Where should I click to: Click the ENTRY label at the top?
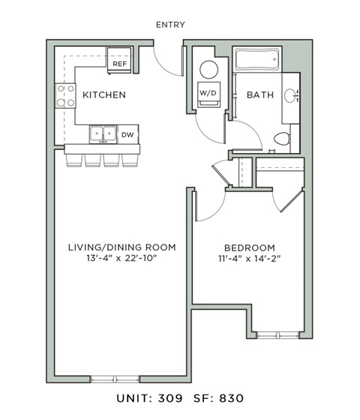coord(170,25)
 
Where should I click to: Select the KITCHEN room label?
coord(103,95)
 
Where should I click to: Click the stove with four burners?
coord(64,95)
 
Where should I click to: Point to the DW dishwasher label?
coord(127,135)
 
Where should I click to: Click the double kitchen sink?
coord(103,134)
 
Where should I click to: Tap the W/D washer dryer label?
coord(208,92)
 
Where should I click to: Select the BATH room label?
coord(260,95)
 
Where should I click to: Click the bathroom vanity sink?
coord(292,95)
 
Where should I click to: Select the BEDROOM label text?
coord(249,247)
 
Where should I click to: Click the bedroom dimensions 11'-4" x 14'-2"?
coord(249,260)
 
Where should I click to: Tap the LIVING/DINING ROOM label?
coord(121,247)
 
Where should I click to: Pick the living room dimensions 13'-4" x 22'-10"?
coord(121,260)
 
